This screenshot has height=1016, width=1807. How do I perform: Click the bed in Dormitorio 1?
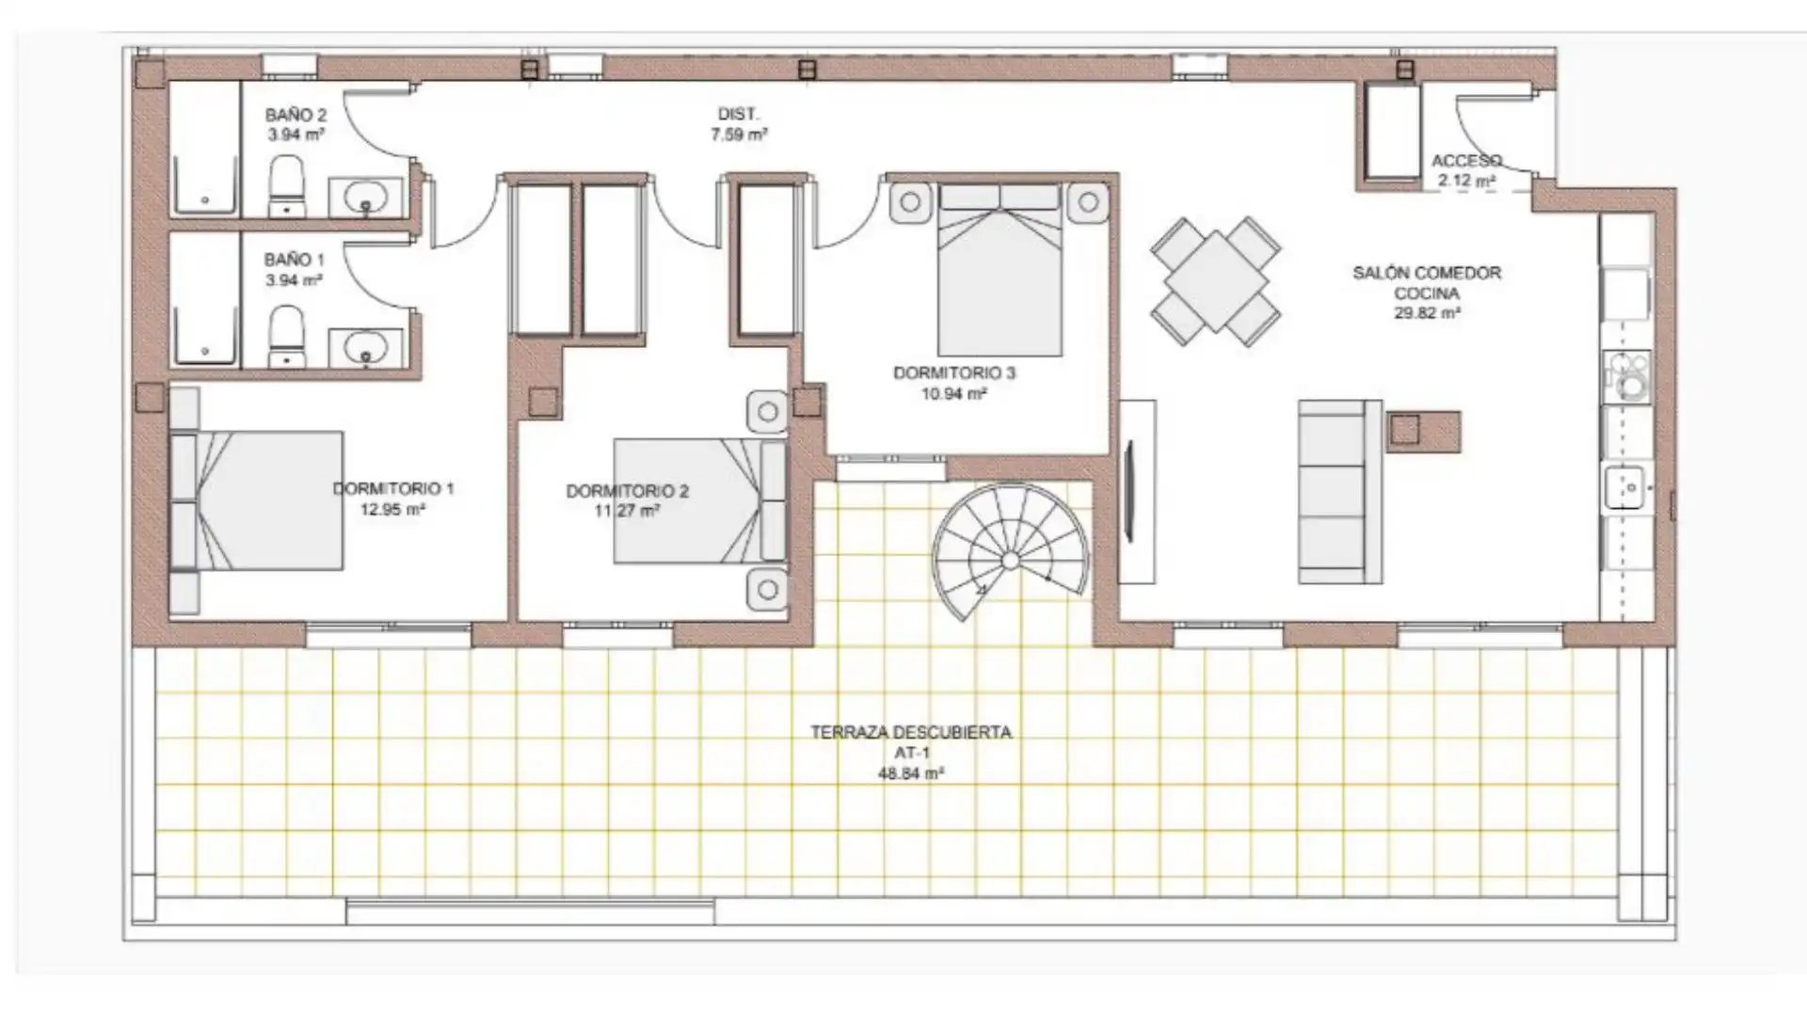(x=256, y=500)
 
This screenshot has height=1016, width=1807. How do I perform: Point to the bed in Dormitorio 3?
(x=999, y=269)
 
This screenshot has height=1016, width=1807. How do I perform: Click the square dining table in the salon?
(x=1215, y=280)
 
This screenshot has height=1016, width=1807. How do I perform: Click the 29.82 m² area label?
(x=1427, y=313)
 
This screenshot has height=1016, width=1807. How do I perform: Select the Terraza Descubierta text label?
(x=911, y=732)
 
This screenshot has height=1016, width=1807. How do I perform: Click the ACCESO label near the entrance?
(x=1466, y=161)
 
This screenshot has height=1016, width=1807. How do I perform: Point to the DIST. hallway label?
(x=739, y=114)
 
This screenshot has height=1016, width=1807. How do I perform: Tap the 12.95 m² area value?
(x=392, y=510)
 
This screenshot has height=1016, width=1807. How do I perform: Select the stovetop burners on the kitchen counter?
(x=1628, y=375)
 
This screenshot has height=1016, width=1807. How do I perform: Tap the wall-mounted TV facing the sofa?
(x=1129, y=491)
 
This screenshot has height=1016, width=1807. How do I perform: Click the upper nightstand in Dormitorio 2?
(x=767, y=412)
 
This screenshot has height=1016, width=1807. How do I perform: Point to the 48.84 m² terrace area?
(x=911, y=774)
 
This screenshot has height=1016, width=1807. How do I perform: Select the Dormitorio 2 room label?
(x=627, y=491)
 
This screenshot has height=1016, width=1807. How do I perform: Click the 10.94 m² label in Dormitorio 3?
(x=953, y=394)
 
